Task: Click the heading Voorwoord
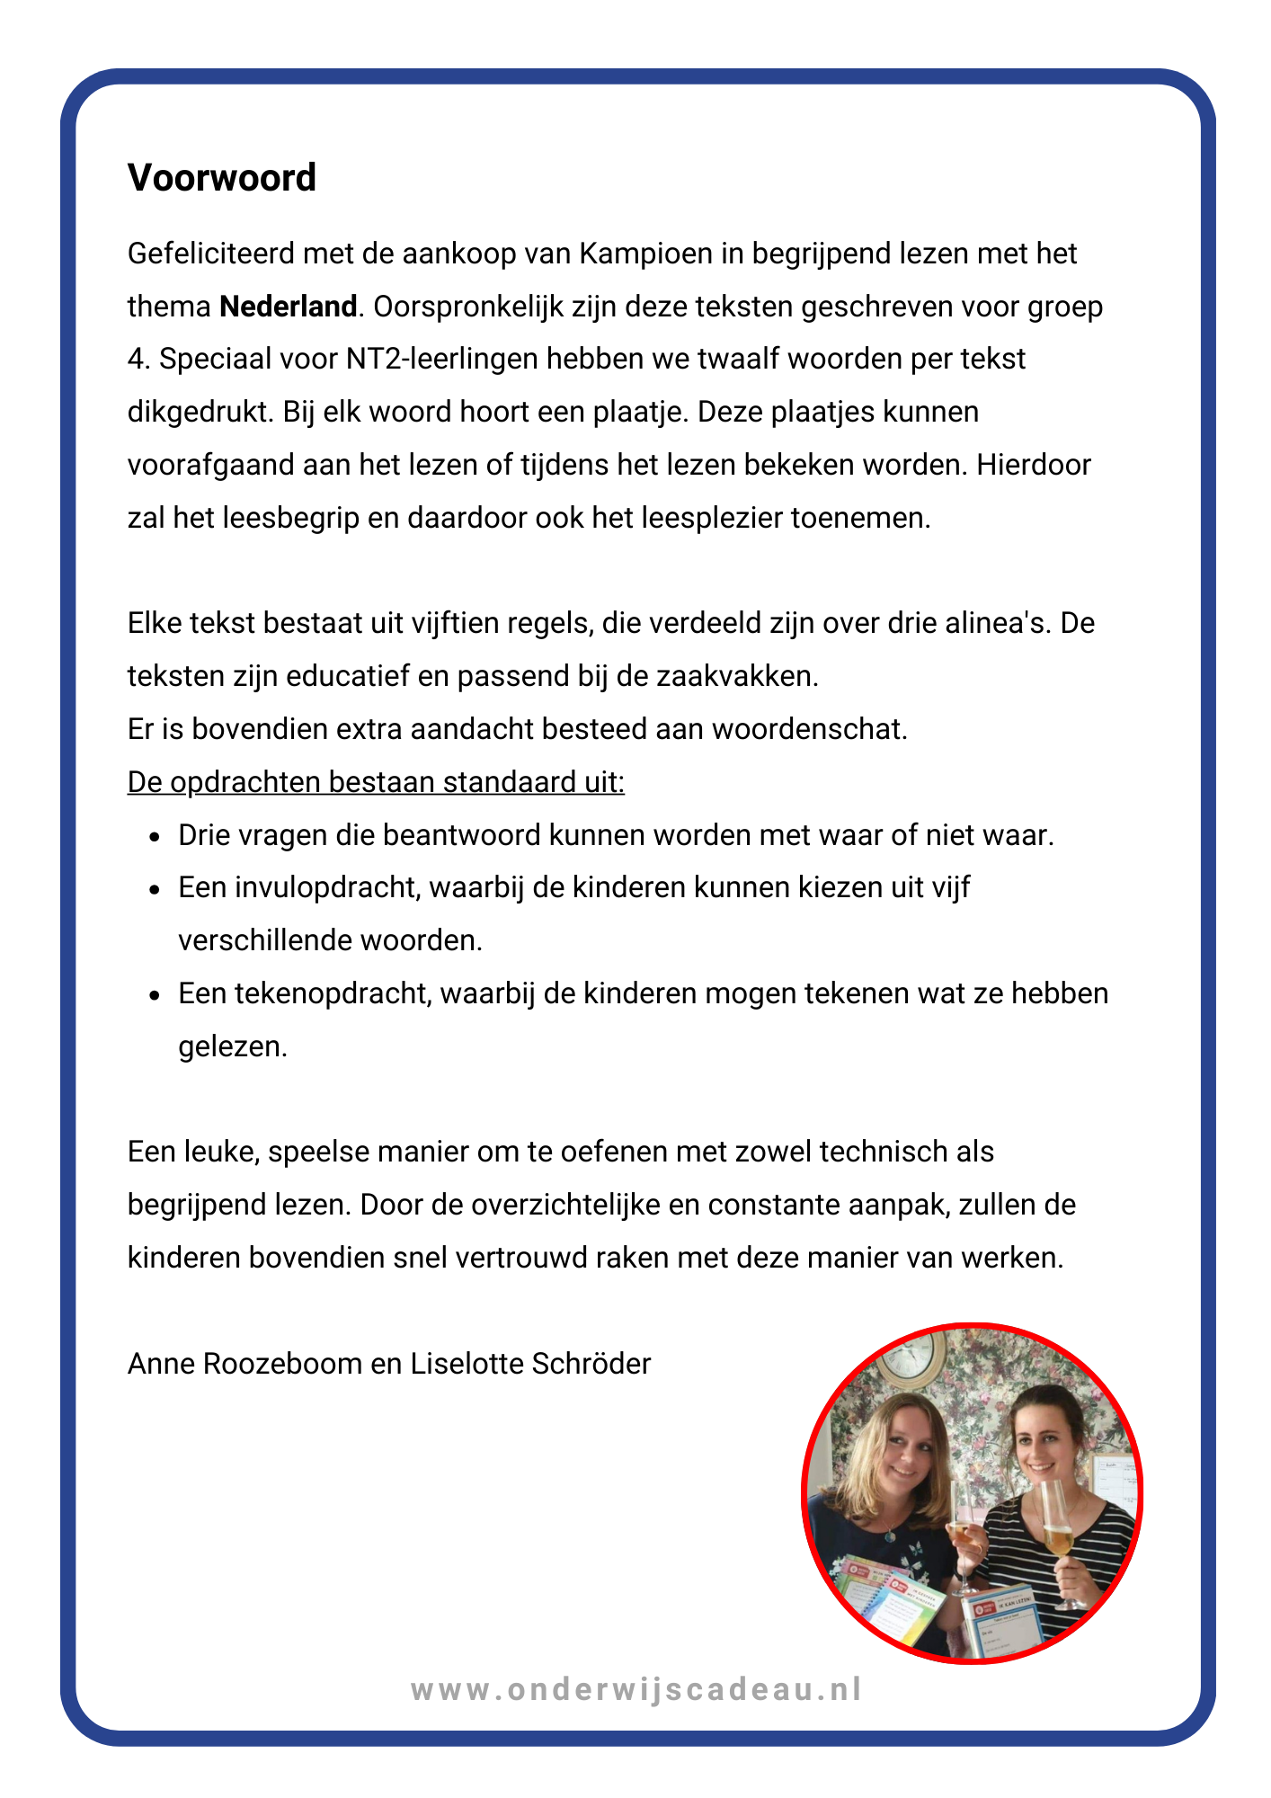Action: point(221,178)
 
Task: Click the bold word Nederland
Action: point(288,307)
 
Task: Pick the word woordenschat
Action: point(809,729)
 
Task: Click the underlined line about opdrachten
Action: point(376,782)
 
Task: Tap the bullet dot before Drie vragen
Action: point(155,837)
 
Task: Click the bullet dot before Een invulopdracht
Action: point(155,890)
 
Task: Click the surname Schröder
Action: point(591,1364)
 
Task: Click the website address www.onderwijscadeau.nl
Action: point(636,1689)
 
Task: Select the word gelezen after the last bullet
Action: point(233,1046)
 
